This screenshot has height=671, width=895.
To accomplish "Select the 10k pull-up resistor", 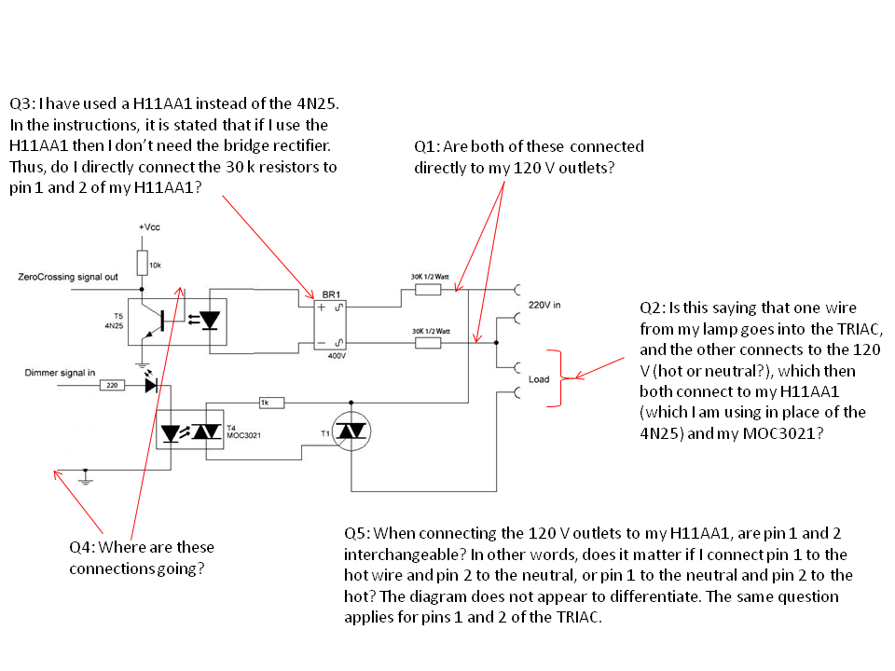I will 141,263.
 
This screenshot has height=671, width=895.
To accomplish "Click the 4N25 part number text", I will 115,326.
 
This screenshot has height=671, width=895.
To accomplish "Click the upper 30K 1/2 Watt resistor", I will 427,290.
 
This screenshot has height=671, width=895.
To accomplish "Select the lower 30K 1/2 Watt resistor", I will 427,343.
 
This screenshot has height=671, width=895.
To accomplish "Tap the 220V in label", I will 546,305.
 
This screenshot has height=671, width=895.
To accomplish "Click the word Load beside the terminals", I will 539,379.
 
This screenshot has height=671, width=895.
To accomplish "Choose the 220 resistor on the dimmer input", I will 111,384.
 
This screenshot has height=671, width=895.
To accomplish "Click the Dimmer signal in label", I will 59,372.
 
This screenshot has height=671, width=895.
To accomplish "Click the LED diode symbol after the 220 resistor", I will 151,384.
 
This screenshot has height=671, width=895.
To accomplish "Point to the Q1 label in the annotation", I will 427,146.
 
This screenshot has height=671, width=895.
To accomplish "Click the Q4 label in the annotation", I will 81,547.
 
